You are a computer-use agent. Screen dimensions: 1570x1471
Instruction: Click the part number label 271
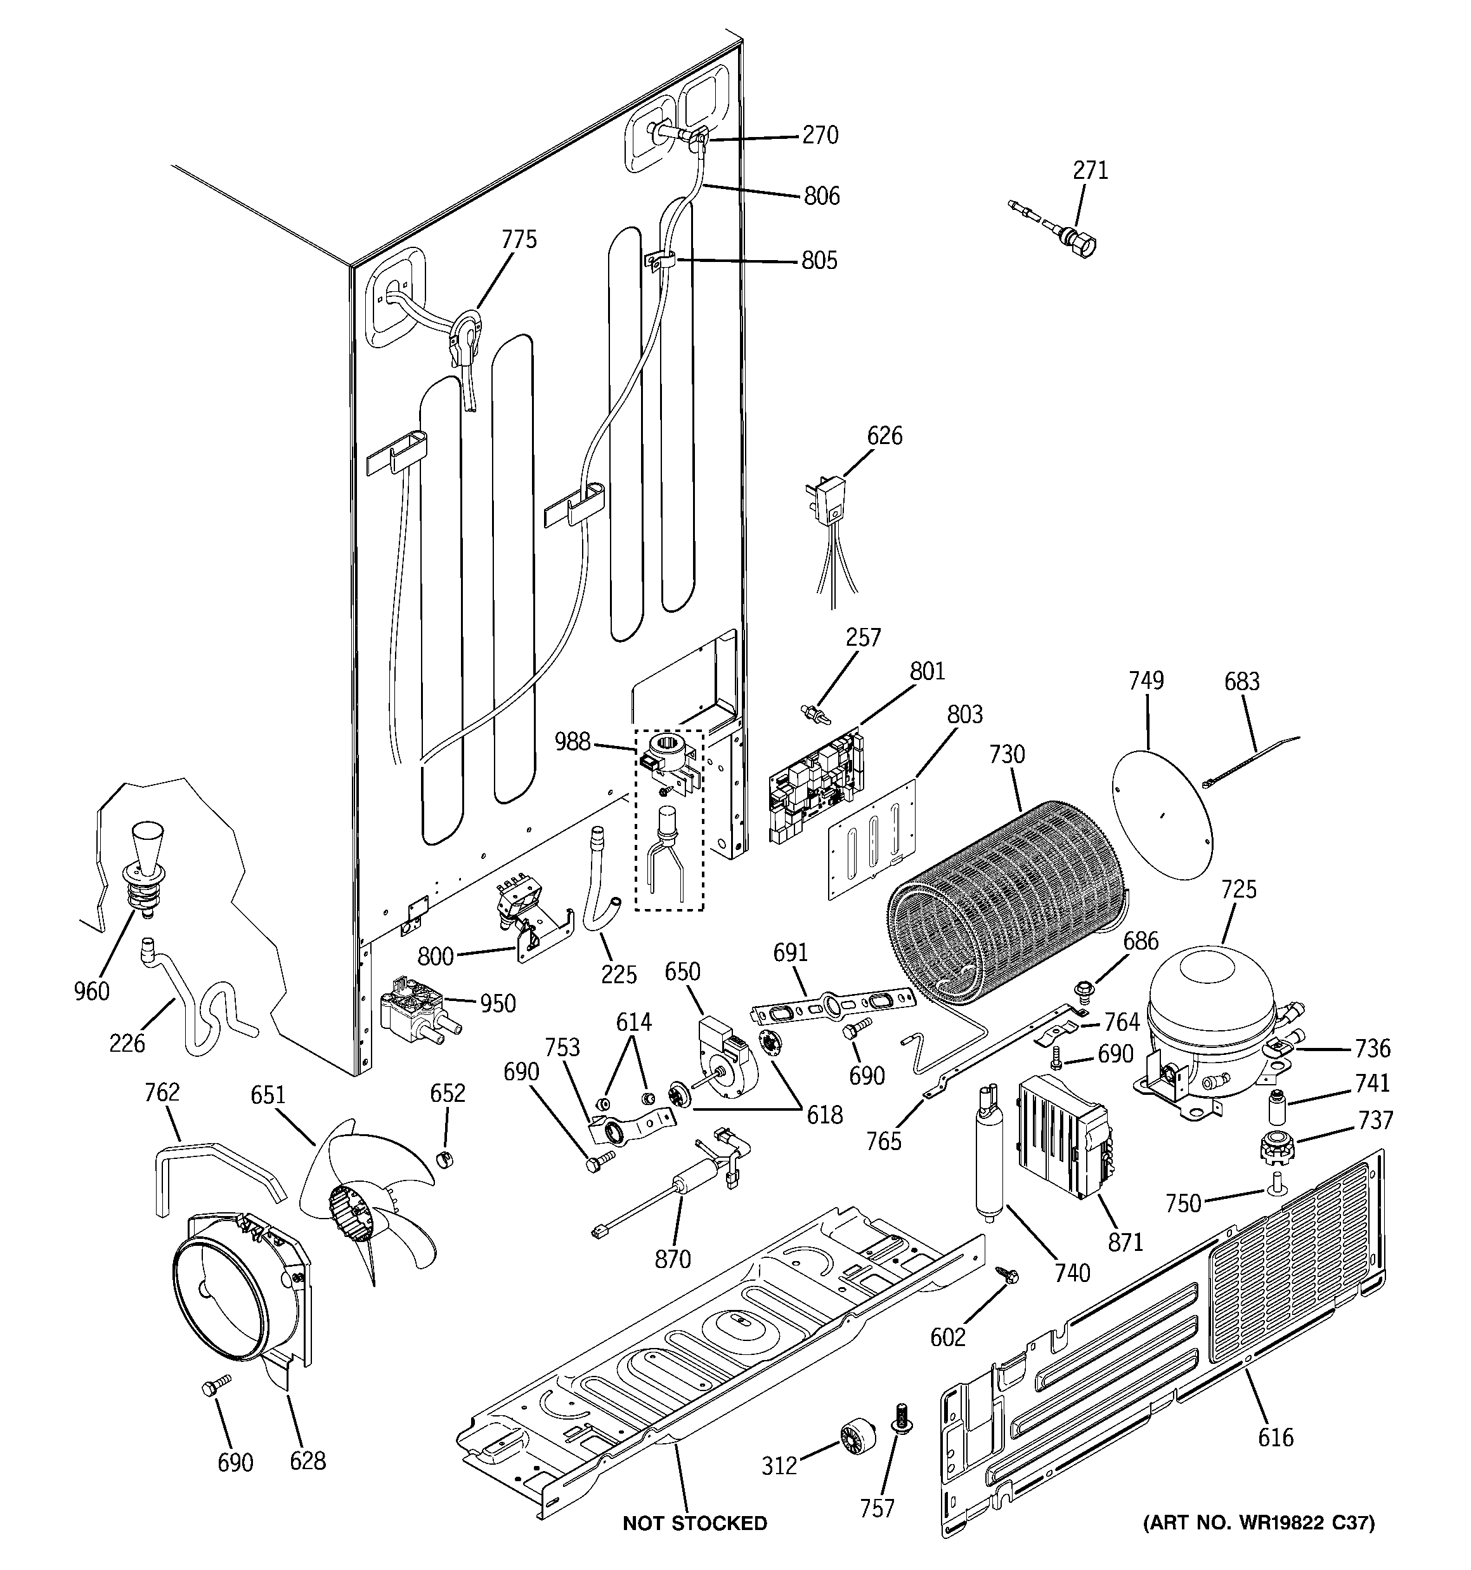tap(1090, 171)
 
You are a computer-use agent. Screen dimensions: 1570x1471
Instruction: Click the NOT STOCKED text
tap(694, 1522)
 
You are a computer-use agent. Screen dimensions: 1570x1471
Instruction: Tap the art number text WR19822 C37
tap(1259, 1522)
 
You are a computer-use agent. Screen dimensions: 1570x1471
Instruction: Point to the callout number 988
tap(573, 741)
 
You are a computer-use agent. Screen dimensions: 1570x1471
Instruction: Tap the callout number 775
tap(519, 239)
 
